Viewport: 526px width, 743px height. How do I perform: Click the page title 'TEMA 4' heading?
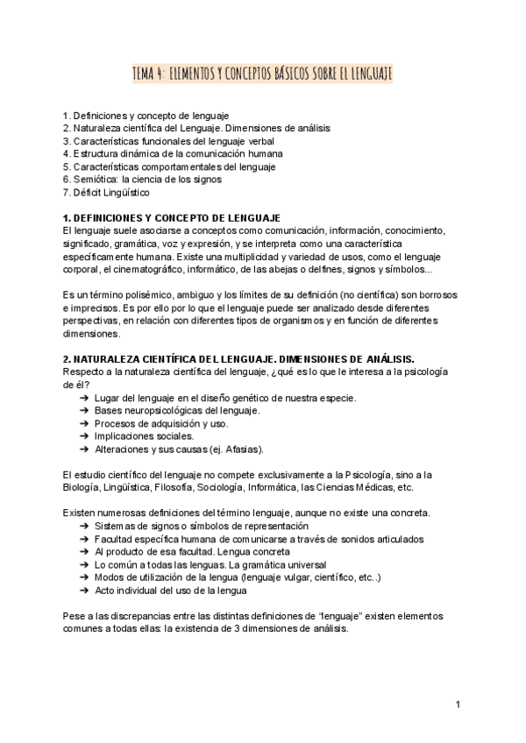[263, 75]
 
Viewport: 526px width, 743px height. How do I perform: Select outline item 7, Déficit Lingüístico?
[106, 192]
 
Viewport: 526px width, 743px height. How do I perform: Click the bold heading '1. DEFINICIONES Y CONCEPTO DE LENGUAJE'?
[172, 217]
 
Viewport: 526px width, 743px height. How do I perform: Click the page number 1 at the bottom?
[458, 704]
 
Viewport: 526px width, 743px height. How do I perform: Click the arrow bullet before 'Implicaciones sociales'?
[84, 435]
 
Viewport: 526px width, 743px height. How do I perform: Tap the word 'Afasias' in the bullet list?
[242, 449]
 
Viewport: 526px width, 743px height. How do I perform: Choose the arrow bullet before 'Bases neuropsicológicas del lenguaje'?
[84, 411]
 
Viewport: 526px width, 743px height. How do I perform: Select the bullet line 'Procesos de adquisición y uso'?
[161, 423]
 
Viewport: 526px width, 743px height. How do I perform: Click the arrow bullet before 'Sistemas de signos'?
[84, 526]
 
